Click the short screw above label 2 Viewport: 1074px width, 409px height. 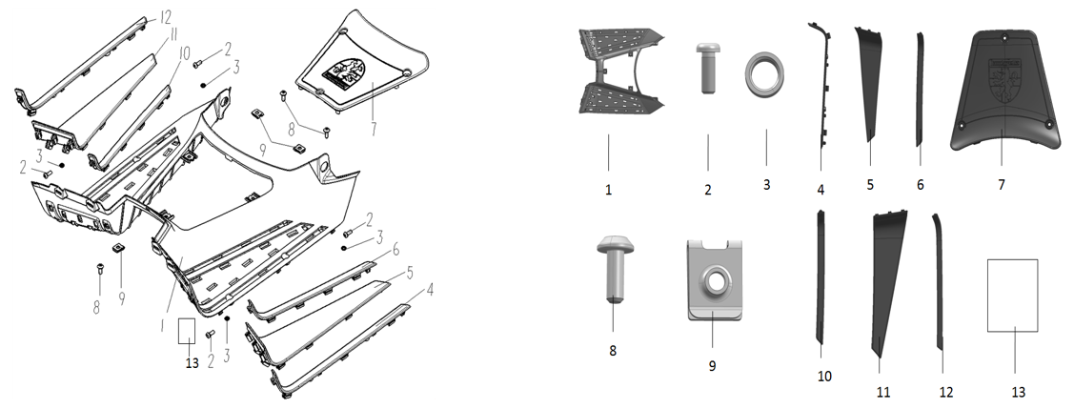707,68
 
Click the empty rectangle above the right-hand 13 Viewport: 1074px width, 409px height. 1012,296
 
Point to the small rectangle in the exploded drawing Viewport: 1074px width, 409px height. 187,331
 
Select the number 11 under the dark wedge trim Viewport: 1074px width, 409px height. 882,392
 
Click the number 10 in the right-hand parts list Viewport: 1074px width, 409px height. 824,377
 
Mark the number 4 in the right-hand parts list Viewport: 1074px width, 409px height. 821,189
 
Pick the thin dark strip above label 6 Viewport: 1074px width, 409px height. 920,89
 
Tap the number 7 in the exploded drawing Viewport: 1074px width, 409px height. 374,128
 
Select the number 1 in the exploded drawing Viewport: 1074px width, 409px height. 162,323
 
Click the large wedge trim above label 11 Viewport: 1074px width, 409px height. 887,281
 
